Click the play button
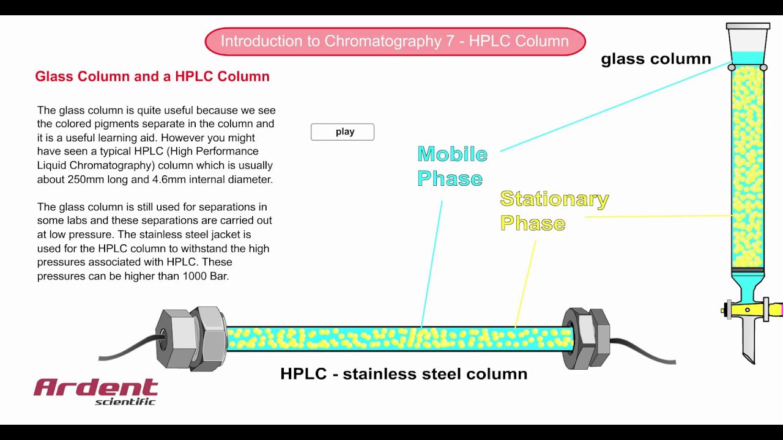tap(343, 132)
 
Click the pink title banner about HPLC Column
tap(395, 42)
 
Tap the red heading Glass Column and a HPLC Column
tap(152, 76)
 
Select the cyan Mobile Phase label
tap(451, 166)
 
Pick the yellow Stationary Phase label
tap(554, 211)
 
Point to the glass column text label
tap(656, 59)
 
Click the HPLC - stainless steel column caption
tap(404, 374)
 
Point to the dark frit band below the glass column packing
tap(748, 270)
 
